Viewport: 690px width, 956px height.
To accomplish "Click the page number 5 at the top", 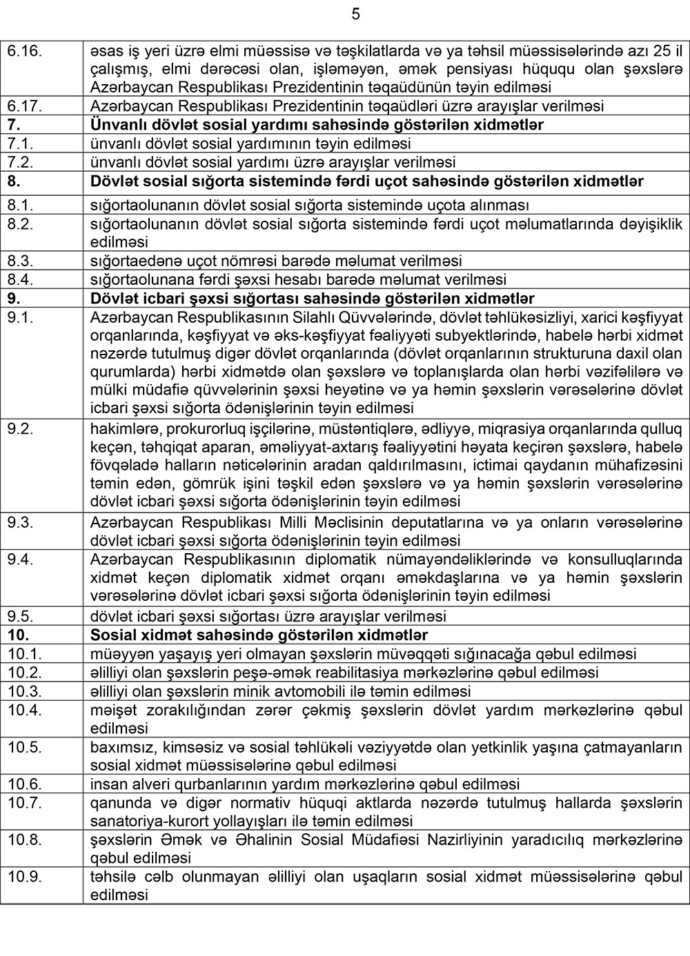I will coord(355,14).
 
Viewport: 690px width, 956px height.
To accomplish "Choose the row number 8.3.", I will coord(19,261).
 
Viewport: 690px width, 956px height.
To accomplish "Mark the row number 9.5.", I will coord(19,616).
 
